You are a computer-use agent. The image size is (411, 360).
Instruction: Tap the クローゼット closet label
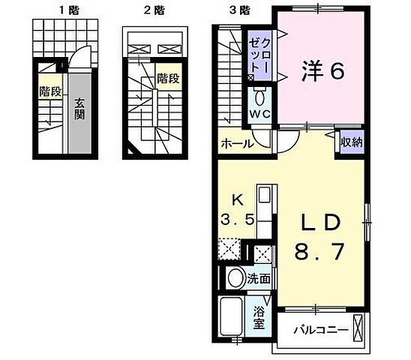(263, 52)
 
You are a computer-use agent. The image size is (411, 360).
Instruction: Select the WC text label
(259, 114)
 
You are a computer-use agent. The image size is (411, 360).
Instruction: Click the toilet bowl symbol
(260, 97)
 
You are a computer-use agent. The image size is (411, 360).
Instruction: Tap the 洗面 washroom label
(260, 278)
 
